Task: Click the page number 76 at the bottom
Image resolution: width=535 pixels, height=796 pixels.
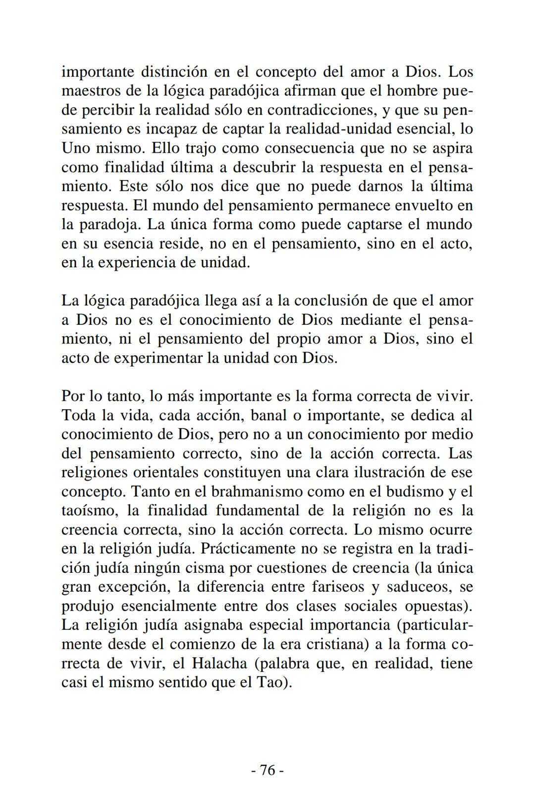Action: pos(267,770)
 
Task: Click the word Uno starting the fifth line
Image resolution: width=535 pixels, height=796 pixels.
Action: pos(74,148)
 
